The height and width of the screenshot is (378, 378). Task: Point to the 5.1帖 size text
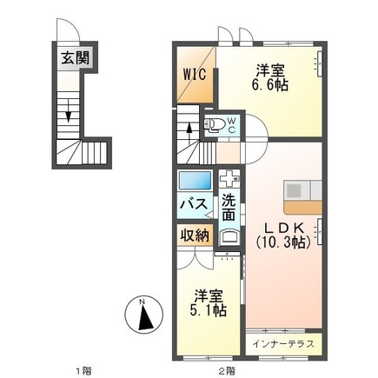pyautogui.click(x=208, y=308)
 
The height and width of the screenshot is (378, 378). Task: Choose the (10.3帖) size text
pyautogui.click(x=283, y=244)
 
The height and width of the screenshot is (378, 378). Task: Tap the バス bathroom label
pyautogui.click(x=193, y=204)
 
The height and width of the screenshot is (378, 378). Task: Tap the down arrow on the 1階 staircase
pyautogui.click(x=67, y=110)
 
